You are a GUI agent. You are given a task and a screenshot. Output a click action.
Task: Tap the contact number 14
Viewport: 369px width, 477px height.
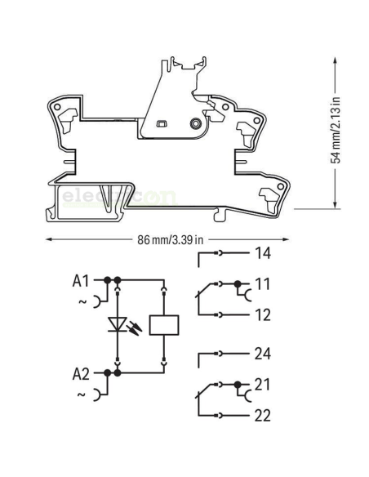(x=262, y=254)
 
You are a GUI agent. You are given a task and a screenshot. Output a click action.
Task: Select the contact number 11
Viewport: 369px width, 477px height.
(x=261, y=285)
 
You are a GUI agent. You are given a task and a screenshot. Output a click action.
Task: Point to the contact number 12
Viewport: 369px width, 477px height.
(x=262, y=314)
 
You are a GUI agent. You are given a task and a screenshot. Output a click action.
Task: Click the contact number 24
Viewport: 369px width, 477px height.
(x=263, y=354)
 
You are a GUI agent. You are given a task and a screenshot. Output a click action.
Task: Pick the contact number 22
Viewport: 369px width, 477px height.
(x=263, y=416)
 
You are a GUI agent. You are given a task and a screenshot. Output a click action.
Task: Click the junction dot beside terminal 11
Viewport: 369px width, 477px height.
(x=238, y=285)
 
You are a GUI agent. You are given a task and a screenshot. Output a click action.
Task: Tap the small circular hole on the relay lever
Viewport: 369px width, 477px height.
(x=195, y=123)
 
